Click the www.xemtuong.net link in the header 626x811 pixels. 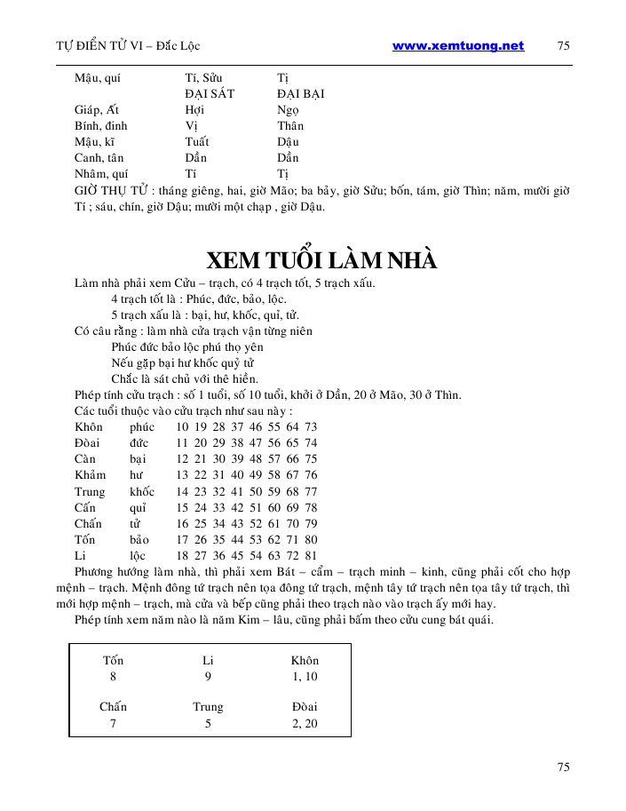pos(457,46)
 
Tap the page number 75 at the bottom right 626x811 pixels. pos(563,767)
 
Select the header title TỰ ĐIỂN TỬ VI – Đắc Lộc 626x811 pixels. pos(128,46)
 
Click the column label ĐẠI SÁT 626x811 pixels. pos(210,93)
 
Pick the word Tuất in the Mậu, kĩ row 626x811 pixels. pos(196,141)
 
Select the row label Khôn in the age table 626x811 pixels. pos(89,427)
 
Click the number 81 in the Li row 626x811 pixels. pos(311,555)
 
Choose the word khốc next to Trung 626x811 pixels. pos(141,491)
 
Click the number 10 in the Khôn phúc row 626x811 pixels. pos(182,427)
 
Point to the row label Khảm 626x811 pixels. pos(91,475)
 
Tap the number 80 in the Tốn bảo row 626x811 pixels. pos(311,539)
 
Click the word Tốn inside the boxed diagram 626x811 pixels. pos(113,661)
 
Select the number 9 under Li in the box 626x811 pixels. pos(208,677)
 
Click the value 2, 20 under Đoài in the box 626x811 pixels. pos(305,724)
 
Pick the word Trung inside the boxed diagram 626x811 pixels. pos(208,707)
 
